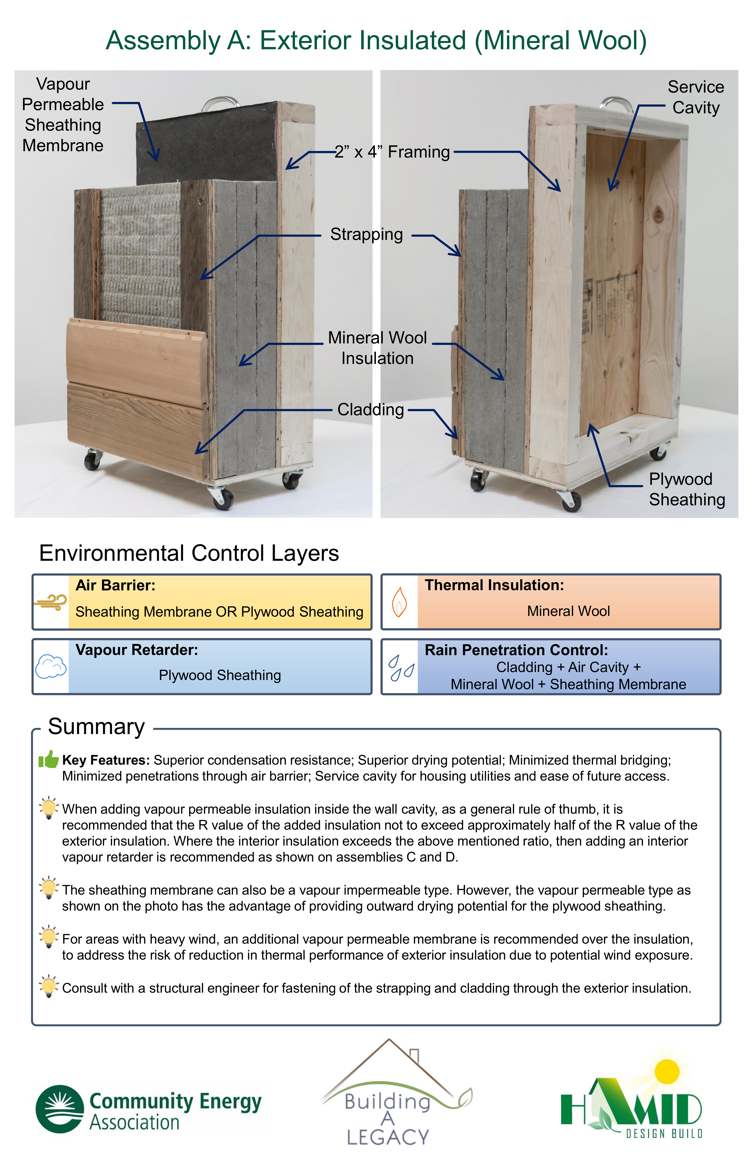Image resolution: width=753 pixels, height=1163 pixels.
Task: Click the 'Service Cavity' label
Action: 696,97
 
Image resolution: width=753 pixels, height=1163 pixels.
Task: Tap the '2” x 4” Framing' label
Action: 392,152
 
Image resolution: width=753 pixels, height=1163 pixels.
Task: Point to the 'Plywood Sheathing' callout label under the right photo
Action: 687,489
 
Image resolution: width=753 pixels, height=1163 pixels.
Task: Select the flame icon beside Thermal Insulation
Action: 400,602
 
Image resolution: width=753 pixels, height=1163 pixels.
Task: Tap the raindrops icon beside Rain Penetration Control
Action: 401,667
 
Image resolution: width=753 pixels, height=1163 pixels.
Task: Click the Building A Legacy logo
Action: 394,1092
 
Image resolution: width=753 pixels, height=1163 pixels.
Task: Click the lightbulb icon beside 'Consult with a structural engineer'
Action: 48,986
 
